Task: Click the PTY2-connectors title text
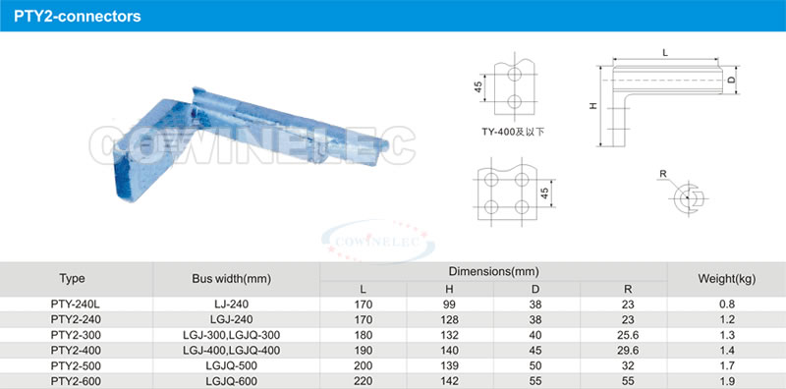(x=78, y=16)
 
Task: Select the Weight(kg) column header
(x=726, y=279)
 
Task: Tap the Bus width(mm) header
(x=232, y=279)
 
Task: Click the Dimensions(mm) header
(x=494, y=272)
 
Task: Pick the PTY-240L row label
(x=72, y=304)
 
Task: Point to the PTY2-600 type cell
(x=72, y=381)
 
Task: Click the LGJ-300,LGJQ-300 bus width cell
(x=232, y=335)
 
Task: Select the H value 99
(x=450, y=304)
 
